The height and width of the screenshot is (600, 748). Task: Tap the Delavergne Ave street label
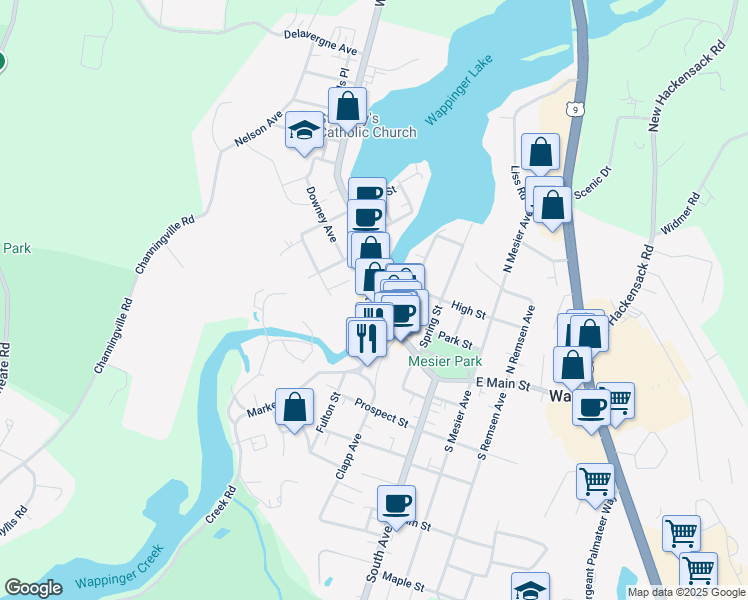320,42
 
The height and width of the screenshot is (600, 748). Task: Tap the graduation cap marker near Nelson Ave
304,131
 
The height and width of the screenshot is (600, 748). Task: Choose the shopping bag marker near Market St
294,407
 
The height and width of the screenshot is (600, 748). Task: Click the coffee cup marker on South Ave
397,504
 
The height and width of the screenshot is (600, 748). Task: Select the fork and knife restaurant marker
367,336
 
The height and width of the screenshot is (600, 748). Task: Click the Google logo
34,588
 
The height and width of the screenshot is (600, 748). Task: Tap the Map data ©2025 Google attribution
686,592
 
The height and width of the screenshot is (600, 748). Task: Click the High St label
468,312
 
